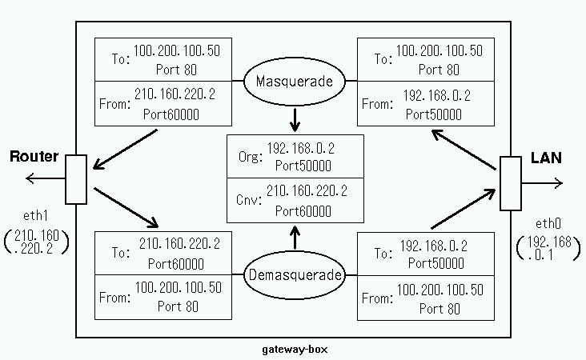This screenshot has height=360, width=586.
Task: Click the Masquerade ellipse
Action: (x=295, y=82)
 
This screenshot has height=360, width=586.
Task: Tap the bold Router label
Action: (x=34, y=157)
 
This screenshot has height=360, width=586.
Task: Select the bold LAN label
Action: (x=546, y=158)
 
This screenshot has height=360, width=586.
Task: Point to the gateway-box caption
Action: (x=295, y=350)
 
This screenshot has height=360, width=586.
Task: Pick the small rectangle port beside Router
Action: (x=76, y=179)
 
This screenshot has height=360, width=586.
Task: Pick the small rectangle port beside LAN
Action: (x=510, y=184)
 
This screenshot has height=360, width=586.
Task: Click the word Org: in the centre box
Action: (x=249, y=158)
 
